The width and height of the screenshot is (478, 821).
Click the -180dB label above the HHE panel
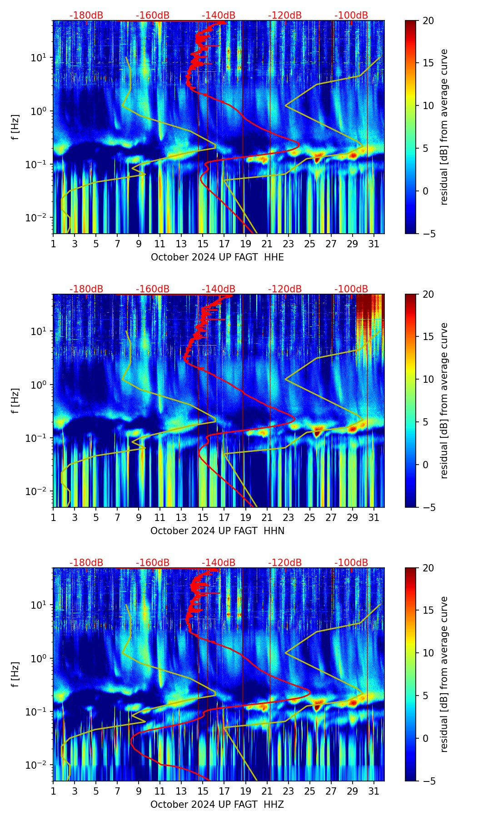pyautogui.click(x=86, y=15)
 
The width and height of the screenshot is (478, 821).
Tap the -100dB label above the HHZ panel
pyautogui.click(x=351, y=563)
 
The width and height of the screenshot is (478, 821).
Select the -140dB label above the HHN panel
pyautogui.click(x=219, y=289)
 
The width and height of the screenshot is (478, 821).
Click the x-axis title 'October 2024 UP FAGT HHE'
pyautogui.click(x=217, y=257)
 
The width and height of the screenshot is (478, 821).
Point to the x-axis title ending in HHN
pyautogui.click(x=217, y=531)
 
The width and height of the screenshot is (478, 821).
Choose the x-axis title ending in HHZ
pyautogui.click(x=217, y=805)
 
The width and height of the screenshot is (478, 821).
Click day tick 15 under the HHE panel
pyautogui.click(x=203, y=244)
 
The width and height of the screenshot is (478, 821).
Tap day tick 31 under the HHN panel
pyautogui.click(x=373, y=518)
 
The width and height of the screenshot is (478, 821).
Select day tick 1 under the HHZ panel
pyautogui.click(x=53, y=791)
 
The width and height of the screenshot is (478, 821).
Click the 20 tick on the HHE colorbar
pyautogui.click(x=428, y=20)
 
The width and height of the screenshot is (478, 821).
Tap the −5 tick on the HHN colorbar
pyautogui.click(x=428, y=507)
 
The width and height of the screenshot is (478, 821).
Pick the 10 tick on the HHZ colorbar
pyautogui.click(x=428, y=653)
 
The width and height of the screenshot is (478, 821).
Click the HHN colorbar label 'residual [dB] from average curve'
pyautogui.click(x=444, y=400)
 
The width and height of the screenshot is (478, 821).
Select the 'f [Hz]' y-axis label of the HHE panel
pyautogui.click(x=15, y=127)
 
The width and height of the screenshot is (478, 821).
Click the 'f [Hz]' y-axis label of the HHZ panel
pyautogui.click(x=15, y=674)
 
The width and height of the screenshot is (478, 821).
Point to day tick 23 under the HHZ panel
pyautogui.click(x=288, y=791)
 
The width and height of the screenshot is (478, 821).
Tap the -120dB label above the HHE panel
pyautogui.click(x=285, y=15)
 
